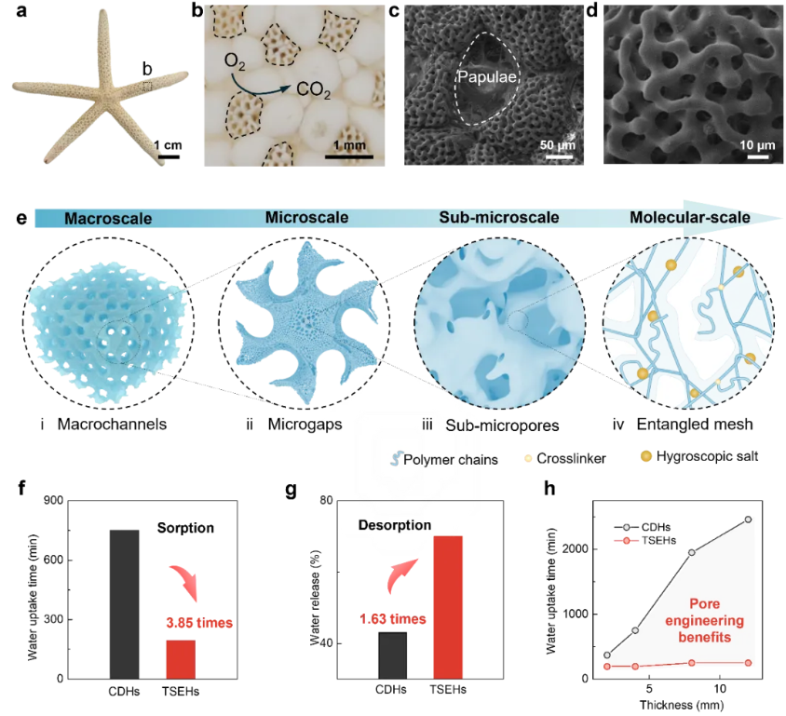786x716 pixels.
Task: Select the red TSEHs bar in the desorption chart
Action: tap(449, 606)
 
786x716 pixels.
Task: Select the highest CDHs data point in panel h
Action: tap(748, 520)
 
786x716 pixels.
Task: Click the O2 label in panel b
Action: tap(237, 62)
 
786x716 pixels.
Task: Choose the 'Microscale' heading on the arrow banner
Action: tap(307, 218)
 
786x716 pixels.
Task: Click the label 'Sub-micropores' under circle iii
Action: tap(499, 426)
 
